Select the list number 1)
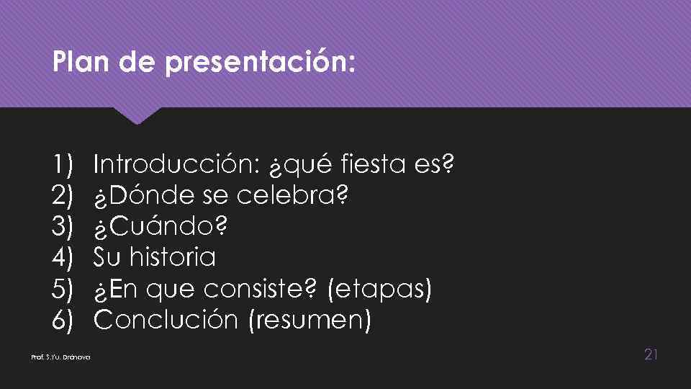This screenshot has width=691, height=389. (63, 165)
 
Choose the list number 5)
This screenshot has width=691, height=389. (63, 289)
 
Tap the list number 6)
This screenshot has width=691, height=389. (63, 320)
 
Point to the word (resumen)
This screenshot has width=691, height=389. (310, 320)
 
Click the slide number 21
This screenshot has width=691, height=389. (651, 354)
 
